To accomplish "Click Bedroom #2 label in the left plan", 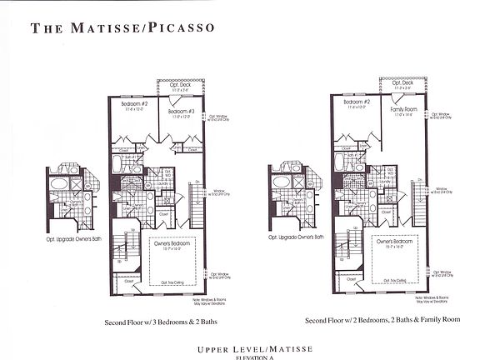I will (x=133, y=105).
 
